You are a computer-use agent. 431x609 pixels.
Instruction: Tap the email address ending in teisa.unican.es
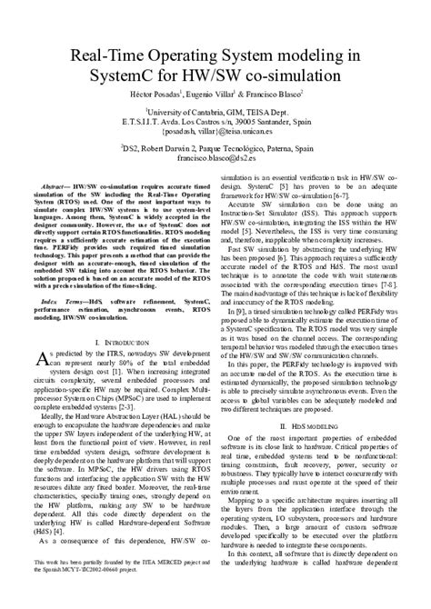215,130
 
